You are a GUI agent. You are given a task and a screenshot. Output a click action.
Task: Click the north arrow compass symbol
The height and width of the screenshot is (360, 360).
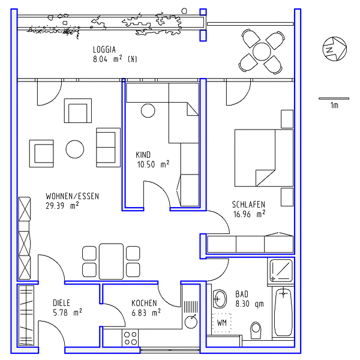pos(335,49)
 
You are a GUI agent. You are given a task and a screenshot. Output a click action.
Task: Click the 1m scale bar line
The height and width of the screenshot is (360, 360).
pos(334,98)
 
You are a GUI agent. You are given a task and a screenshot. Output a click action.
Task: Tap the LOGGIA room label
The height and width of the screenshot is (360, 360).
pos(104,50)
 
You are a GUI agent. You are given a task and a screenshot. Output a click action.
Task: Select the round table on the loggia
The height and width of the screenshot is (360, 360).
pos(262,52)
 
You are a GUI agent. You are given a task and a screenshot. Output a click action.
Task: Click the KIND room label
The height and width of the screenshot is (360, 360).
pos(143,155)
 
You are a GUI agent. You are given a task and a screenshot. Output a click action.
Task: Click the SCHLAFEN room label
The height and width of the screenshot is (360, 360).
pos(248,205)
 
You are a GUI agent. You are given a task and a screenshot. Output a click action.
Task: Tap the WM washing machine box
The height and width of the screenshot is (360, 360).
pos(221,323)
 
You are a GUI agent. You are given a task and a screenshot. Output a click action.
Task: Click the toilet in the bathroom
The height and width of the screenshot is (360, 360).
pos(256,330)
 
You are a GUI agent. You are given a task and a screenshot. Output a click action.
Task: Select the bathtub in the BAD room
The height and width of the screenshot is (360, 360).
pos(283,311)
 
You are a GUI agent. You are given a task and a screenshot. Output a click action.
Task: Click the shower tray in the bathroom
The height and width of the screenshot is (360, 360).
pos(281,271)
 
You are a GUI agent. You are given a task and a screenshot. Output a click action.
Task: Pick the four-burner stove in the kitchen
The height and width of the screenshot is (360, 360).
pos(130,338)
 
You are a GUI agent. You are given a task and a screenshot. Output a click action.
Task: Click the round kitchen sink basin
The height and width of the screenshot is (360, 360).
pos(191,322)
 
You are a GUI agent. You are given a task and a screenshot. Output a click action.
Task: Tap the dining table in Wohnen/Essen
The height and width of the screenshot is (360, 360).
pos(111,261)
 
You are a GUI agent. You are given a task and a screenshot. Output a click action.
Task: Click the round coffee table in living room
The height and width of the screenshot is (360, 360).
pos(75,149)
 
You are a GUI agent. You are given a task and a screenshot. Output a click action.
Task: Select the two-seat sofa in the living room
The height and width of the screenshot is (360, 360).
pos(108,148)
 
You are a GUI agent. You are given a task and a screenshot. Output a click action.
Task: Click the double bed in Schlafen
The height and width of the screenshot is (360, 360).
pos(264,158)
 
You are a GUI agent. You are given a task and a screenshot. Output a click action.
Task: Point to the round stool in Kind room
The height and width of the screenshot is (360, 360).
pos(148,110)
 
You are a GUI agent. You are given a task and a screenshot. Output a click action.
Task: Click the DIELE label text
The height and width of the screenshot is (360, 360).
pos(61,303)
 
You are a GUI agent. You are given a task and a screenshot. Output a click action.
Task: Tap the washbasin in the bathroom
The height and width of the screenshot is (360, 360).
pos(220,299)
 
